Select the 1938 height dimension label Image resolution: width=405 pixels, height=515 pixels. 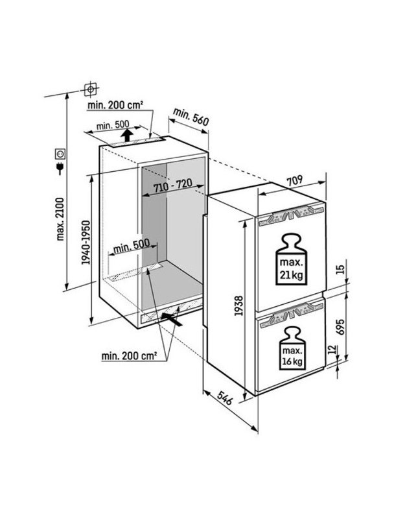click(x=238, y=305)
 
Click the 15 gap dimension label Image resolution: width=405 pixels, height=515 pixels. click(x=341, y=269)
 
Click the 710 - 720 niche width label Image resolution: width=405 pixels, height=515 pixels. click(x=172, y=186)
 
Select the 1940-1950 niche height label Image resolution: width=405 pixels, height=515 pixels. click(x=86, y=242)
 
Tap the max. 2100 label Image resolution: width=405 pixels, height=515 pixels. click(x=60, y=219)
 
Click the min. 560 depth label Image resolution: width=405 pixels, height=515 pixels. click(x=191, y=116)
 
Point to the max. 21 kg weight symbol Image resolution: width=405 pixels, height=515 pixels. click(x=291, y=259)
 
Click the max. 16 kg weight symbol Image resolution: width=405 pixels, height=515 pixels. click(x=292, y=348)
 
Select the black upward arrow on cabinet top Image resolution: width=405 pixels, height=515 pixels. click(x=127, y=135)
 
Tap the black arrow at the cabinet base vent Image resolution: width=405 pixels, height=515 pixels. click(x=171, y=319)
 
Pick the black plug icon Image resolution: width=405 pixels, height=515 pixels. click(x=60, y=169)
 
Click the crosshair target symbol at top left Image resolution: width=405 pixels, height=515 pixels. click(x=91, y=89)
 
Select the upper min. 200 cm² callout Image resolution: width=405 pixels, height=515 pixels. click(x=115, y=105)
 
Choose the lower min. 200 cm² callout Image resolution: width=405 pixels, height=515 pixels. click(x=129, y=355)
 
